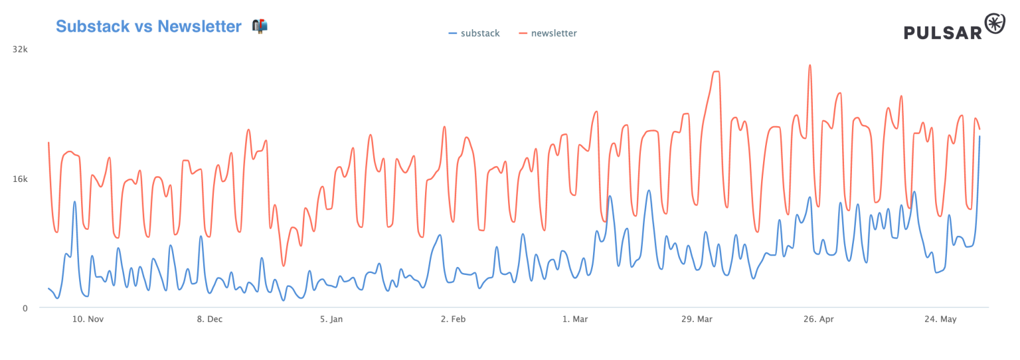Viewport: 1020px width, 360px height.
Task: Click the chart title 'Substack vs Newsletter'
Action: click(x=148, y=27)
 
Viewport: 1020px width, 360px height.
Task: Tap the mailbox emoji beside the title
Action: click(x=260, y=26)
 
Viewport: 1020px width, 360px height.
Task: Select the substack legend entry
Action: click(x=474, y=33)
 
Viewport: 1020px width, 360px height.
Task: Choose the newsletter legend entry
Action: click(x=548, y=33)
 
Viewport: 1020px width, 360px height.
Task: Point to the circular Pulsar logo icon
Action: click(x=995, y=23)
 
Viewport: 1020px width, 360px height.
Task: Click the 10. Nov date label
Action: click(x=88, y=319)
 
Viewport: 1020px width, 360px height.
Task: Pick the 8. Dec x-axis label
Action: click(x=209, y=319)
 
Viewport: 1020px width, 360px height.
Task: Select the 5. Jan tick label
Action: click(x=331, y=319)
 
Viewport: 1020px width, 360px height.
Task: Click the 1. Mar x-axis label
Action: click(x=574, y=319)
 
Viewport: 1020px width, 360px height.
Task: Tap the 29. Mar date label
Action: click(x=696, y=319)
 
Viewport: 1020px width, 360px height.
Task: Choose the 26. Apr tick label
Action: click(x=817, y=319)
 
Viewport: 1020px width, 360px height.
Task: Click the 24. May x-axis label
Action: click(x=940, y=319)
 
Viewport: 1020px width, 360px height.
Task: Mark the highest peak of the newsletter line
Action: click(x=809, y=65)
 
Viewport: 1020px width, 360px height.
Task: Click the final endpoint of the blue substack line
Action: click(x=979, y=136)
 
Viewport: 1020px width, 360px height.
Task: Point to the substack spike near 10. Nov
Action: click(x=74, y=201)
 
